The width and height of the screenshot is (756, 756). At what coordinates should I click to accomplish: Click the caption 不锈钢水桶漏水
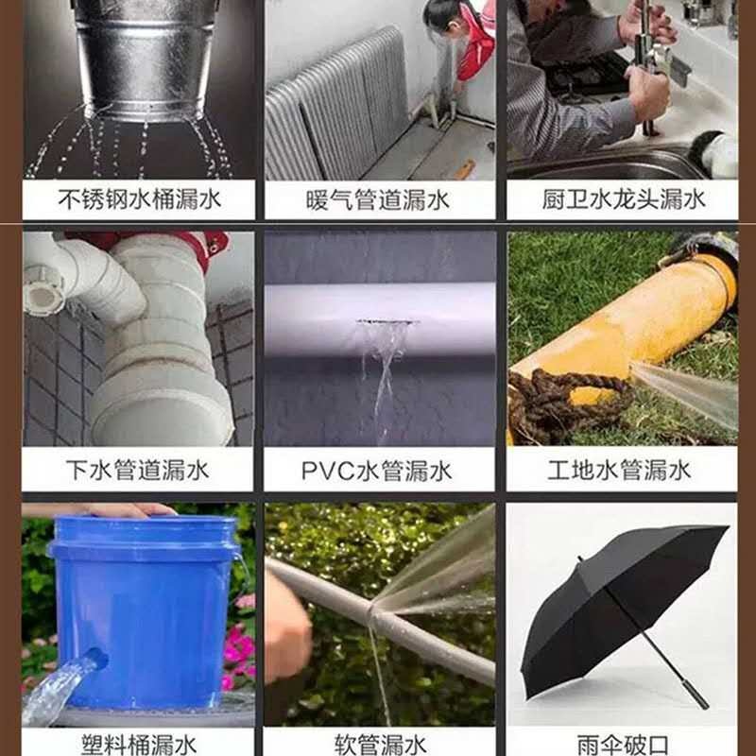coord(139,199)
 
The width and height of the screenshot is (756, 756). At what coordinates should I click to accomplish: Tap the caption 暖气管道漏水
coord(377,199)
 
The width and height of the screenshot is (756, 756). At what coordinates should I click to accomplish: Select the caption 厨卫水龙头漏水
coord(624,199)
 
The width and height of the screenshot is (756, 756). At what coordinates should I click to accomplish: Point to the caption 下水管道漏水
coord(138,470)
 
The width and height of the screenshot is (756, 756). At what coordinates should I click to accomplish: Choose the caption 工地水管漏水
coord(619,470)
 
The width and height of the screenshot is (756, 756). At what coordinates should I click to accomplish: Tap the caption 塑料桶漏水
coord(139,744)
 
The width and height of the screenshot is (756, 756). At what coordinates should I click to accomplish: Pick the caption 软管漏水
coord(381,745)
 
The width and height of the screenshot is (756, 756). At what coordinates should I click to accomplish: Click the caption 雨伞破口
coord(623,745)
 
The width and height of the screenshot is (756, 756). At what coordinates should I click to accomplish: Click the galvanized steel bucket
coord(145,58)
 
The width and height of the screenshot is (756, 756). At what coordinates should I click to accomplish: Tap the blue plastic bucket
coord(145,610)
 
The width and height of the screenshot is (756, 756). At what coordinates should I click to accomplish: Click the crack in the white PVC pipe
coord(387,321)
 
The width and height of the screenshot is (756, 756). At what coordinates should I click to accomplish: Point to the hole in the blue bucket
coord(96,658)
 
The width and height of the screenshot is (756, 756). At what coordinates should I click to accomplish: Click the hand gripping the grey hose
coord(287,627)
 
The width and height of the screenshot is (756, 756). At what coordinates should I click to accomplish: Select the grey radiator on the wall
coord(337,106)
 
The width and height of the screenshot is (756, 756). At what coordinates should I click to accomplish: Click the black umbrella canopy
coord(622,608)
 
